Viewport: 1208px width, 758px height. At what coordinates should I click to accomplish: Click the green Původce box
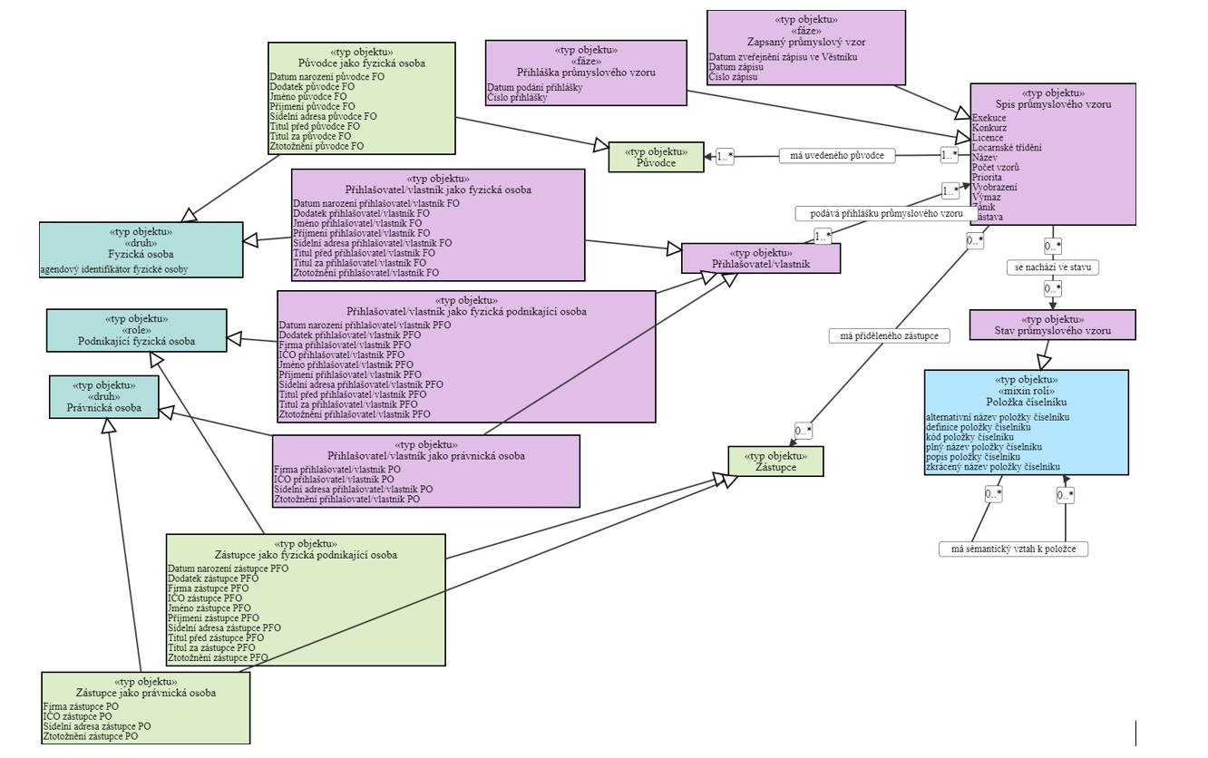point(655,157)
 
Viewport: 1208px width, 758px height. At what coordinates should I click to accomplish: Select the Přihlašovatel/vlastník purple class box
point(761,258)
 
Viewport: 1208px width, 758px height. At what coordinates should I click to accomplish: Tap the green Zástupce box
point(775,462)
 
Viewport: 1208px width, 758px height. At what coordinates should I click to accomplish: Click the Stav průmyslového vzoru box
point(1052,325)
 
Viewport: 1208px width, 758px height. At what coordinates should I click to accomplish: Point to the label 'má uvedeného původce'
point(837,156)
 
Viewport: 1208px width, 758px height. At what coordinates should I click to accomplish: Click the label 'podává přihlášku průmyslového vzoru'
point(880,214)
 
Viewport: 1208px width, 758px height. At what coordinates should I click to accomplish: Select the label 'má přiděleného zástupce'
point(889,335)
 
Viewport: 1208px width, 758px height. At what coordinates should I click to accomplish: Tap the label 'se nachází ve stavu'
point(1052,267)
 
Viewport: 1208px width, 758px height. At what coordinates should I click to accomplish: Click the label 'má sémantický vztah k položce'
point(1013,549)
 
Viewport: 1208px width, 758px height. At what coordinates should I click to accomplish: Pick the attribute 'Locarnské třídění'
point(1007,148)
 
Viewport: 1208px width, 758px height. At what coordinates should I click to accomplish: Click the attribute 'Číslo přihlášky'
point(517,97)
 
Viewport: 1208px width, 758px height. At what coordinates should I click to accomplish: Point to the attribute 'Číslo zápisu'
point(733,78)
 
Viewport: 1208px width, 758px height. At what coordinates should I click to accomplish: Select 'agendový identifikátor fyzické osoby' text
point(113,269)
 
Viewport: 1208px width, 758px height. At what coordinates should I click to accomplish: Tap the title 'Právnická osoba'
point(103,405)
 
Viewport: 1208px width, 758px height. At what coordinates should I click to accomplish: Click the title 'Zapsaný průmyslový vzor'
point(806,42)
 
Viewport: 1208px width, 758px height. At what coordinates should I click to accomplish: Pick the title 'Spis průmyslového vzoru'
point(1053,104)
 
